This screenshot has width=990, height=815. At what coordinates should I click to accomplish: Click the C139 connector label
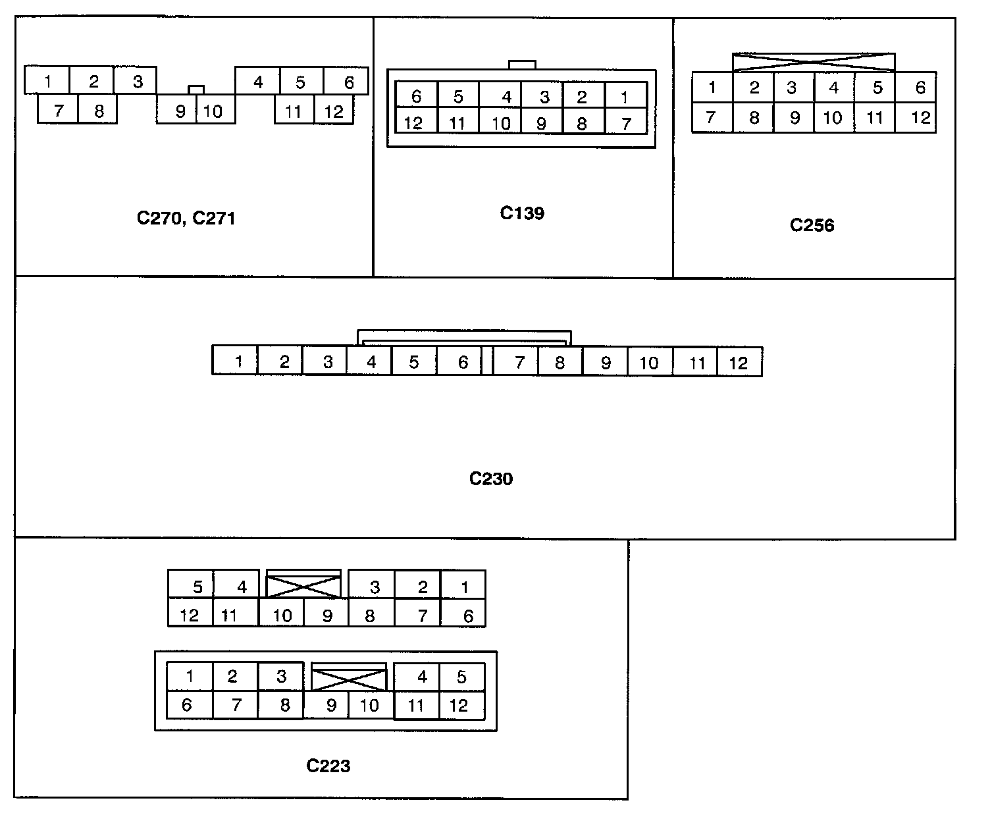[522, 213]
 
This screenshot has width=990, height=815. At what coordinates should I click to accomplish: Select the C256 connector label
[812, 225]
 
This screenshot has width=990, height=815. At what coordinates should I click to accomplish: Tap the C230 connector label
[490, 479]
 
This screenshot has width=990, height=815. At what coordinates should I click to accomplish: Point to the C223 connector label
[328, 766]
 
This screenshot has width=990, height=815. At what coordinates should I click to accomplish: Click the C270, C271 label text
[186, 219]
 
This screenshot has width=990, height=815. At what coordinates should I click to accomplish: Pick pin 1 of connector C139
[625, 97]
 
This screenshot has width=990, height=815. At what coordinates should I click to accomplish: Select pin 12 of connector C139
[414, 123]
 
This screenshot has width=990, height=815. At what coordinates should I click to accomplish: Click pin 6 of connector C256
[920, 88]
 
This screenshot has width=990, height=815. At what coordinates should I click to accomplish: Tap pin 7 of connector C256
[711, 118]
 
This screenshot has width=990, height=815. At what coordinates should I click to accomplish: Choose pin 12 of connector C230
[739, 363]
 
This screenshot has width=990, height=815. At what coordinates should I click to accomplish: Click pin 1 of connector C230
[238, 361]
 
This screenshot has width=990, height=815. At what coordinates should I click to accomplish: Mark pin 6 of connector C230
[462, 362]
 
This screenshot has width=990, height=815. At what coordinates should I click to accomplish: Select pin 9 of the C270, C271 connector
[180, 111]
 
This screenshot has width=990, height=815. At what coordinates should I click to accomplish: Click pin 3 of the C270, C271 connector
[137, 82]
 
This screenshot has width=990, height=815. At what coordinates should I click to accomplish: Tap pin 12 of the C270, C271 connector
[334, 111]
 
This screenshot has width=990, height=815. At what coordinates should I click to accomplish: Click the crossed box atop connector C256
[814, 63]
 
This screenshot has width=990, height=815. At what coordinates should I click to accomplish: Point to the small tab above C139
[522, 65]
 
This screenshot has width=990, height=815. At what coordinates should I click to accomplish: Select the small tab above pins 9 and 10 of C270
[195, 90]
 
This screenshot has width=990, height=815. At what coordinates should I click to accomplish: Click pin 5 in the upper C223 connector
[197, 587]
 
